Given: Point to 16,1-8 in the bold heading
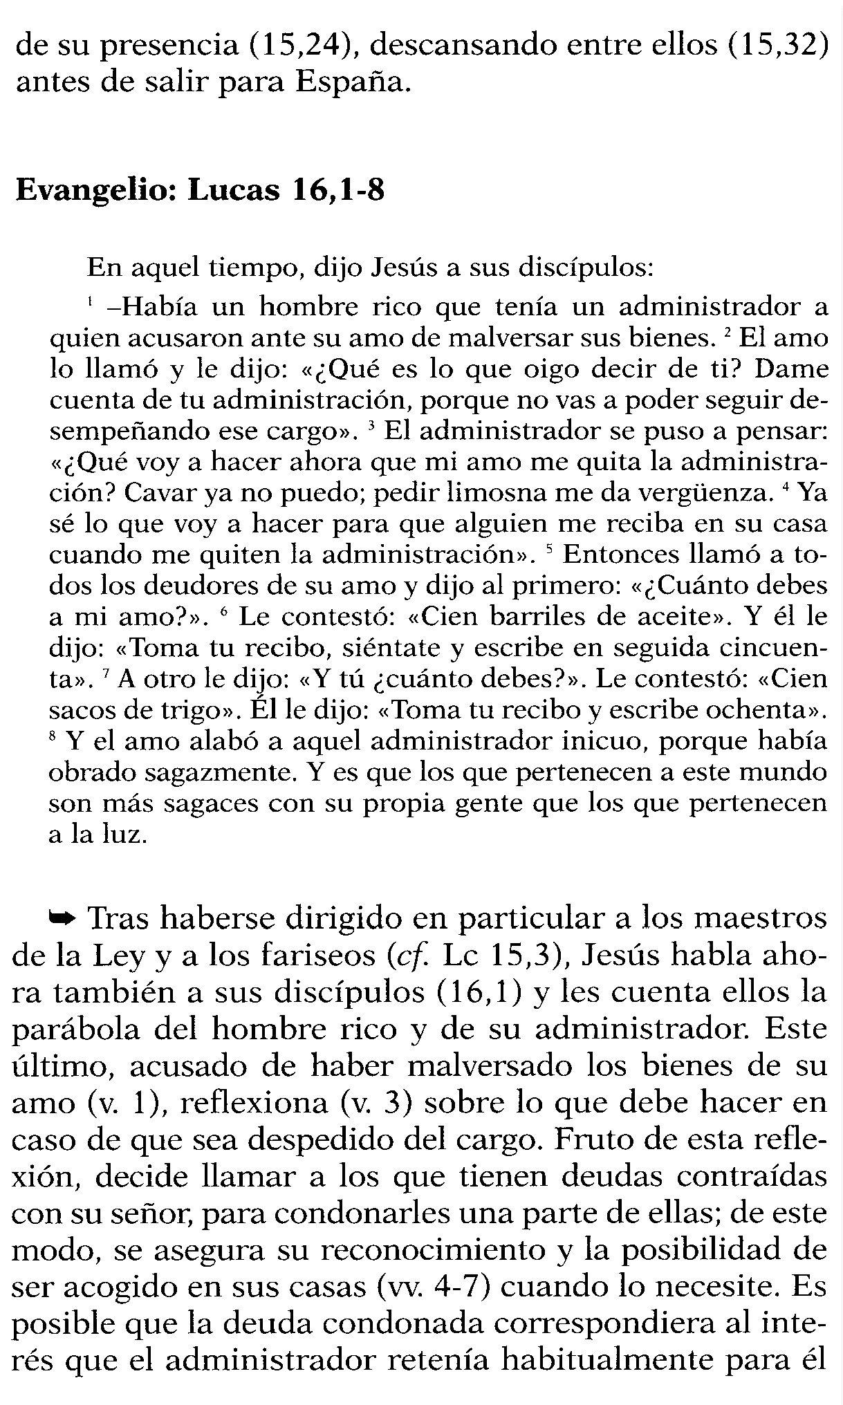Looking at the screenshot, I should (x=337, y=190).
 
